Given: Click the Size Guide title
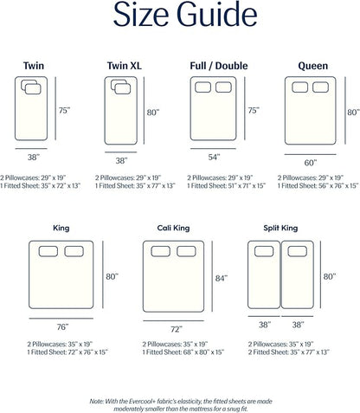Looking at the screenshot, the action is click(185, 15).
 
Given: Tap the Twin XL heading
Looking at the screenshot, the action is click(125, 66).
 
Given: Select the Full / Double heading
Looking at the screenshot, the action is click(219, 66).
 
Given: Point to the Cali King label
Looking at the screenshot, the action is click(173, 228).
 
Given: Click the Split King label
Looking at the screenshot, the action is click(280, 228).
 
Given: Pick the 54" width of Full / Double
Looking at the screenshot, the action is click(214, 157).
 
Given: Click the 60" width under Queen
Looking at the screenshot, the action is click(311, 163).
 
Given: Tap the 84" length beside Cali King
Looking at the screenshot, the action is click(222, 278).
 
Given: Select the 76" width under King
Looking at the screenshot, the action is click(62, 327).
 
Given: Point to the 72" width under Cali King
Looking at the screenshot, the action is click(177, 329).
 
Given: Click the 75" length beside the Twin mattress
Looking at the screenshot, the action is click(64, 111).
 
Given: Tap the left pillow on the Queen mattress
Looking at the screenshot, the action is click(299, 87).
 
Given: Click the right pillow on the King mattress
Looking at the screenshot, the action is click(74, 251).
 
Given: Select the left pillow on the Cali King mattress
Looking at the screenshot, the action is click(160, 251).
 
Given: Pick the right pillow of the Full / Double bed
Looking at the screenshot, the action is click(223, 87).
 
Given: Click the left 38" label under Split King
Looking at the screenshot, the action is click(265, 325).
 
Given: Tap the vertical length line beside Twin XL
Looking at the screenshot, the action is click(144, 111).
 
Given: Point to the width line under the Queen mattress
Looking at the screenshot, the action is click(310, 154).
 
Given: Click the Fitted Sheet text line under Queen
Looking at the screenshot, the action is click(318, 185).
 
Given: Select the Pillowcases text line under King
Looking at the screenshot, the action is click(60, 344).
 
